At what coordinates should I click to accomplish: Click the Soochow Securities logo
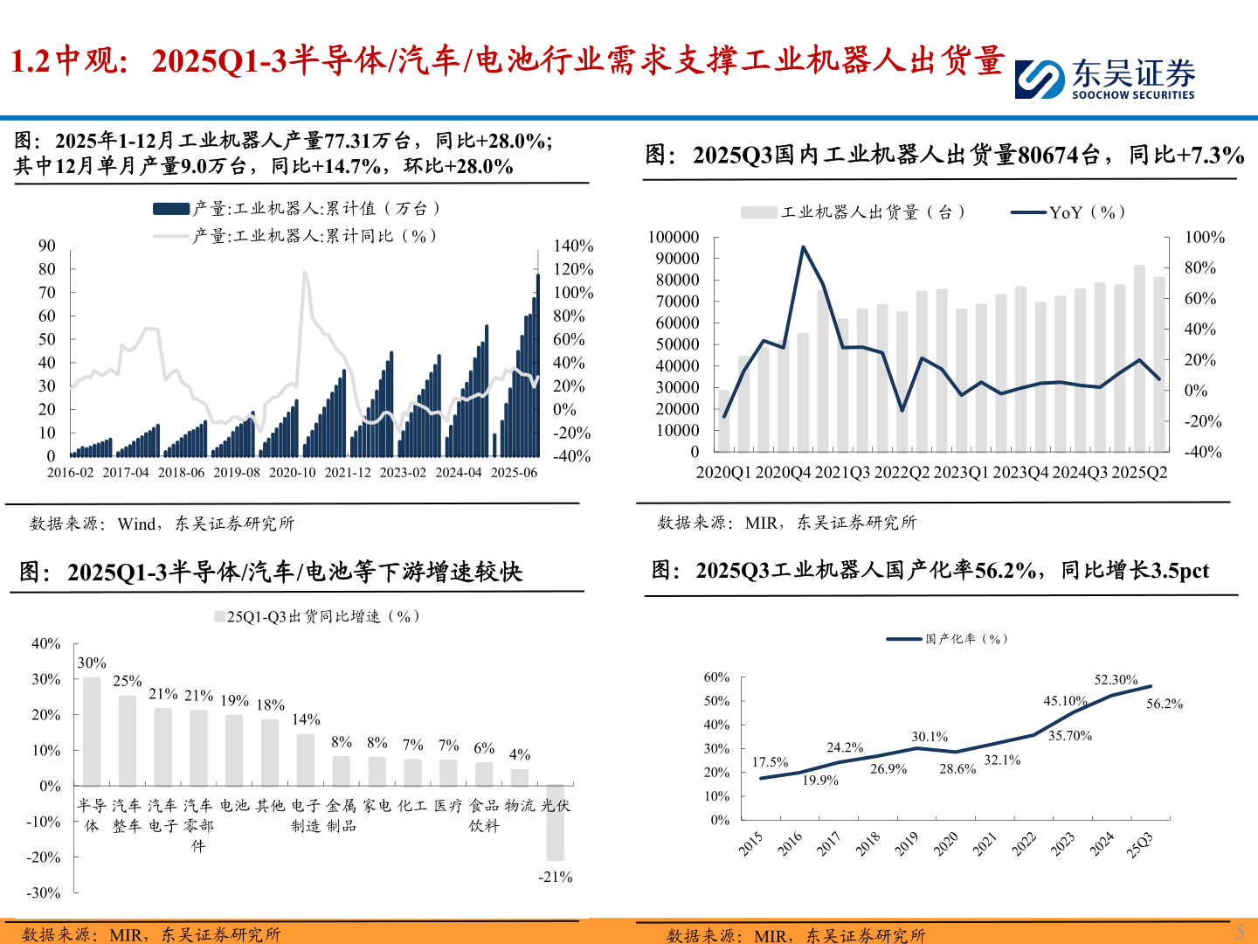pos(1104,79)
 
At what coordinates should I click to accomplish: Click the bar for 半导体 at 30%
pos(92,732)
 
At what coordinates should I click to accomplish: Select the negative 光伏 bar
pos(555,823)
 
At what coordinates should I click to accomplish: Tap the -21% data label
pos(555,877)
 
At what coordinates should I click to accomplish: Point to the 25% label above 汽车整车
pos(128,681)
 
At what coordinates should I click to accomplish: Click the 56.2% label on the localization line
pos(1164,704)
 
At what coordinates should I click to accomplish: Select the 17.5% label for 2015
pos(770,762)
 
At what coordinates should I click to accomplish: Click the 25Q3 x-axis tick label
pos(1140,844)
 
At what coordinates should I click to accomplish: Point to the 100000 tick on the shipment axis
pos(674,237)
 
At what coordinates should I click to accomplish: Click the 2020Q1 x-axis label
pos(722,472)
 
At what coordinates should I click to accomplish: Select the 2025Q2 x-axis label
pos(1139,472)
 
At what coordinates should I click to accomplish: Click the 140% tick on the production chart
pos(573,246)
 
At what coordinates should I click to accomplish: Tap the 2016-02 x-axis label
pos(70,472)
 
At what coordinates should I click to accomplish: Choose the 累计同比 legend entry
pos(314,236)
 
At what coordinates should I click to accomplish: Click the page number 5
pos(1239,932)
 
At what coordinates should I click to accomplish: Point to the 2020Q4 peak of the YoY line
pos(803,247)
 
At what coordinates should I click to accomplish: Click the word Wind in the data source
pos(136,524)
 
